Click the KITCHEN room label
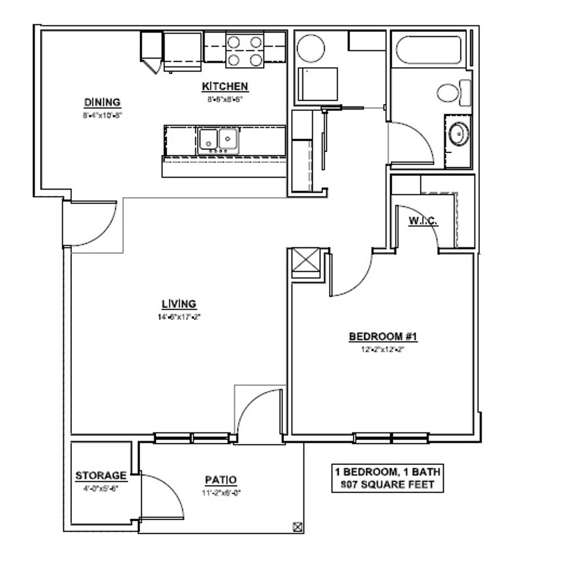tap(225, 86)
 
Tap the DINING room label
tap(102, 102)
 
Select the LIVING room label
tap(178, 303)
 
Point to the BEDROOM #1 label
tap(384, 337)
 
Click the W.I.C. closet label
tap(423, 222)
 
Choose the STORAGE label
tap(101, 475)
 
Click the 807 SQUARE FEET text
tap(388, 484)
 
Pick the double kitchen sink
tap(218, 139)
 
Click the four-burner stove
tap(244, 51)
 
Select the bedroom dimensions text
tap(384, 349)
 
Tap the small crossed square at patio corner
tap(298, 527)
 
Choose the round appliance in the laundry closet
tap(311, 49)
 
